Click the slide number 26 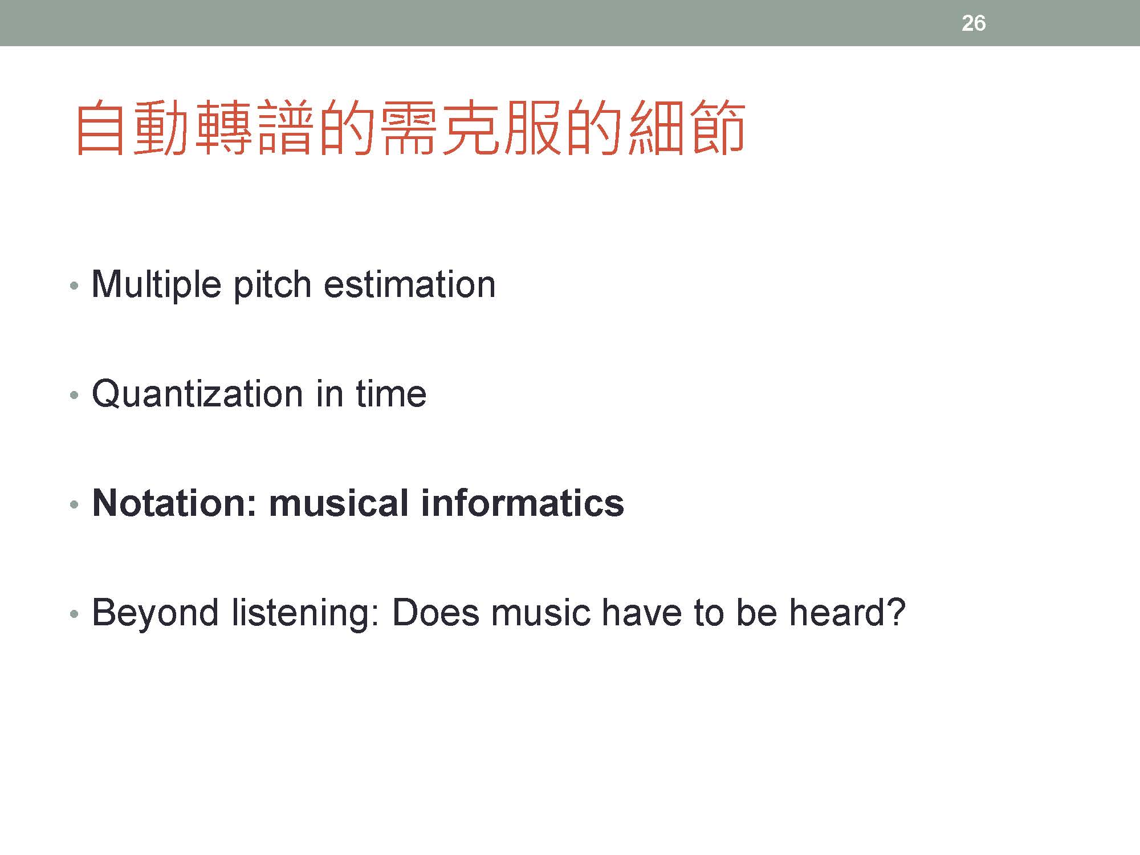[973, 23]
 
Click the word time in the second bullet [391, 394]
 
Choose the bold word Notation [175, 503]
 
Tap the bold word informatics [522, 503]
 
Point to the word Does [436, 613]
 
